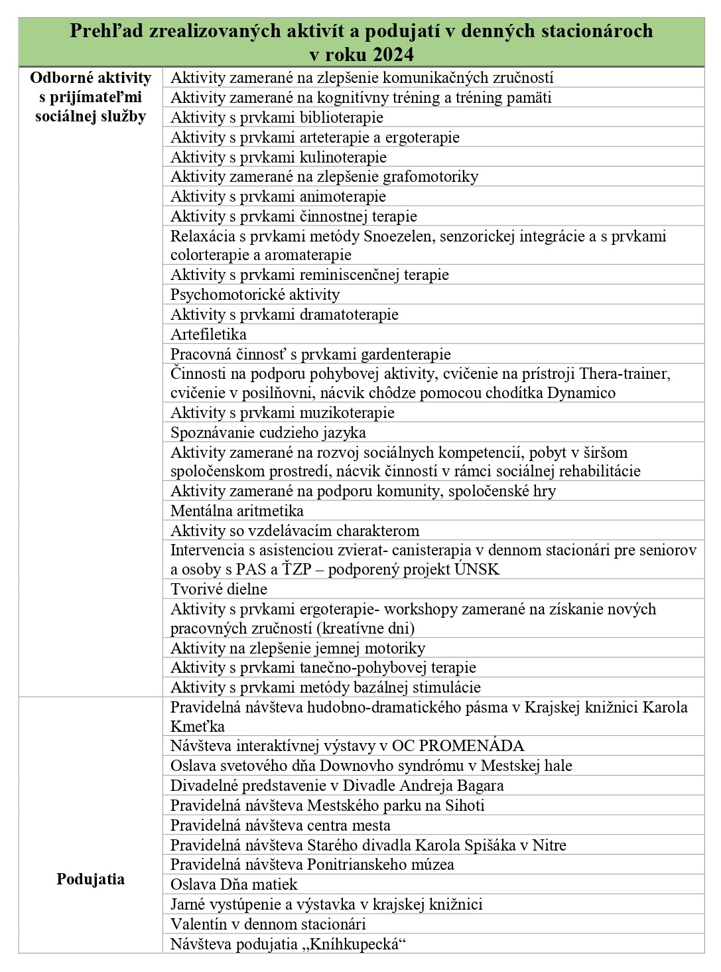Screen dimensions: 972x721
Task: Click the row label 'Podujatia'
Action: [91, 879]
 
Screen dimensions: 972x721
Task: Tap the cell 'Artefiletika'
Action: [208, 334]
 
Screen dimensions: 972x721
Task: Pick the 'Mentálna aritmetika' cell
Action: [237, 511]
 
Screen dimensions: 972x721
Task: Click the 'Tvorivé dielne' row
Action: [219, 589]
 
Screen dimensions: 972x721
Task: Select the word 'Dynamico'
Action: [581, 393]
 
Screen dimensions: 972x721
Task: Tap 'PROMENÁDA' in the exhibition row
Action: [472, 746]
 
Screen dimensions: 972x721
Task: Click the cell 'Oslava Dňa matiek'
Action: [234, 884]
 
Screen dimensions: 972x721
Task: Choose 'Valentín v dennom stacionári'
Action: [268, 924]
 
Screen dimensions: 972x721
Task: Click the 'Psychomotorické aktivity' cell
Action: [255, 295]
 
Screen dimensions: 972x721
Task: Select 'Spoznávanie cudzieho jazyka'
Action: [268, 433]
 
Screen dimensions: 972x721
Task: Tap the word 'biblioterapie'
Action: [341, 117]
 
